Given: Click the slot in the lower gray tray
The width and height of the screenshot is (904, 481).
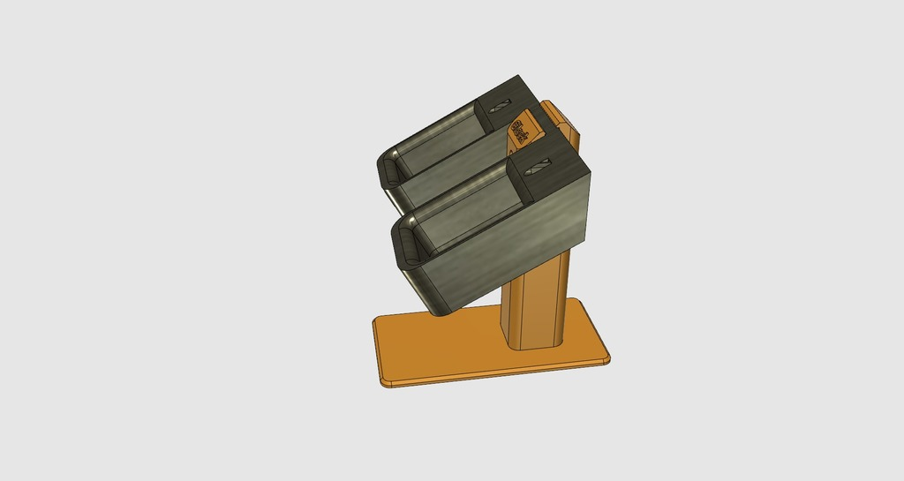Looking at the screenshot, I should (x=540, y=165).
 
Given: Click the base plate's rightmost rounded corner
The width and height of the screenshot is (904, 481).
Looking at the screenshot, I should (x=606, y=357).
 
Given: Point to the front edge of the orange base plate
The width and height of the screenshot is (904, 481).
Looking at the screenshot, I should (x=494, y=376).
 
